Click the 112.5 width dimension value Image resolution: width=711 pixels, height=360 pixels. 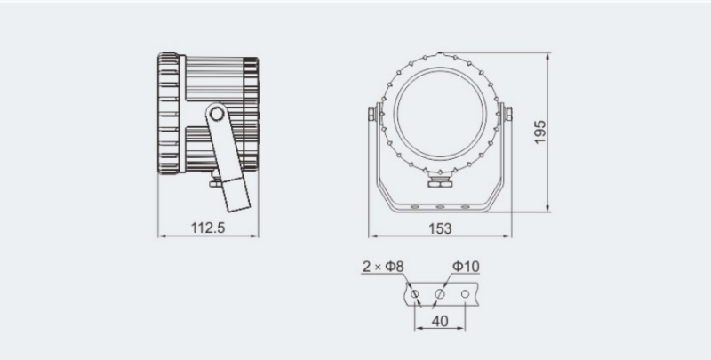coord(208,228)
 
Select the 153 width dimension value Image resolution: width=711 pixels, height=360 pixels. coord(440,228)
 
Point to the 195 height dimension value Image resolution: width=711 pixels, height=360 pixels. coord(539,132)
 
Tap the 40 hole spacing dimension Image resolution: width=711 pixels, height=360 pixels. coord(440,321)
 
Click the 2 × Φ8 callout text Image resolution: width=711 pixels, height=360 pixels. coord(383,267)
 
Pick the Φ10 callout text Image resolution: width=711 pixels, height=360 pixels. coord(466,267)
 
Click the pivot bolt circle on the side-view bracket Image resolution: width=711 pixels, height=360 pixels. coord(217,114)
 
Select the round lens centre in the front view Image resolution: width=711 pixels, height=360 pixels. coord(440,114)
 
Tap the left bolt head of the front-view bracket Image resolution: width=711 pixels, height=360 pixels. coord(371,114)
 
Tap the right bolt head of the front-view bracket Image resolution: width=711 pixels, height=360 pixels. coord(508,114)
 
